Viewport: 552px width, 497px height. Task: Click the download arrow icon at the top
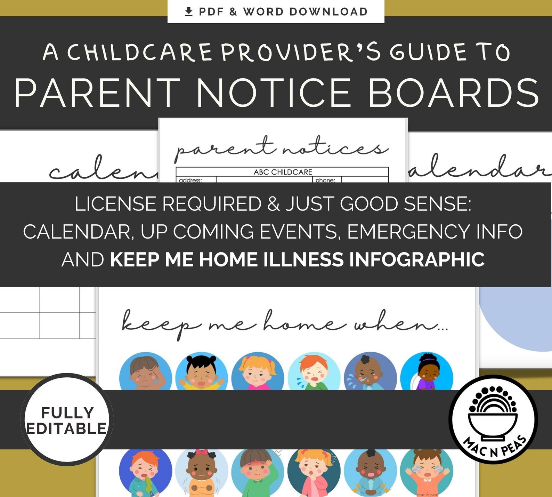[x=189, y=12]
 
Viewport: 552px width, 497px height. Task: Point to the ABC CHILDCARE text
[x=283, y=172]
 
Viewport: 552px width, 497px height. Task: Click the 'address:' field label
[x=190, y=180]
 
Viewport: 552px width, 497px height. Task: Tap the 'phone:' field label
[x=325, y=180]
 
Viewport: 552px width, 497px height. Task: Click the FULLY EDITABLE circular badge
[x=67, y=420]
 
